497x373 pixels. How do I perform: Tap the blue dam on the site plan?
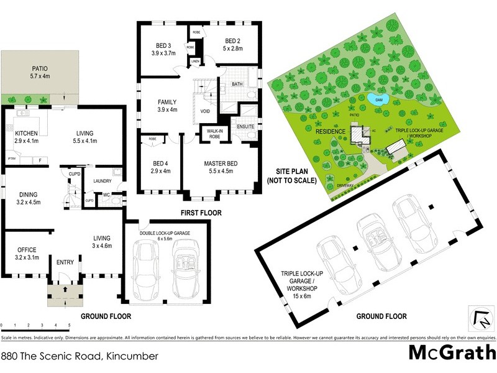pyautogui.click(x=378, y=99)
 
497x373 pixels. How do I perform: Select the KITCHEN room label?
pyautogui.click(x=27, y=136)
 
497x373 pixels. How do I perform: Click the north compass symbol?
pyautogui.click(x=481, y=320)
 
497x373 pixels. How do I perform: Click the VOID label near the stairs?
pyautogui.click(x=205, y=112)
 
